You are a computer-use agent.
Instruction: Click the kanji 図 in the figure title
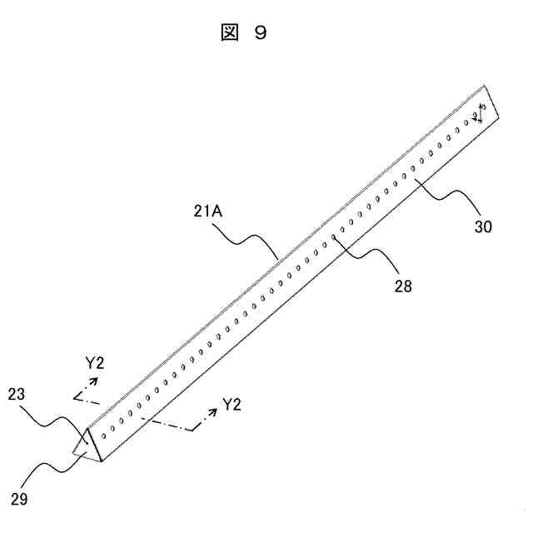point(228,33)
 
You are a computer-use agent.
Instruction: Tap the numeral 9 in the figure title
point(261,33)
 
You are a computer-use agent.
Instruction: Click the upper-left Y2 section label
point(94,363)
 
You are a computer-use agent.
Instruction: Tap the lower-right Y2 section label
point(232,406)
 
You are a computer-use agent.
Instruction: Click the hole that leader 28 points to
point(335,237)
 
